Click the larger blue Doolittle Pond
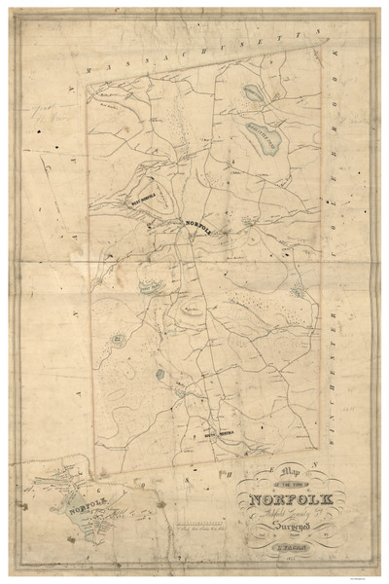265,136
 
